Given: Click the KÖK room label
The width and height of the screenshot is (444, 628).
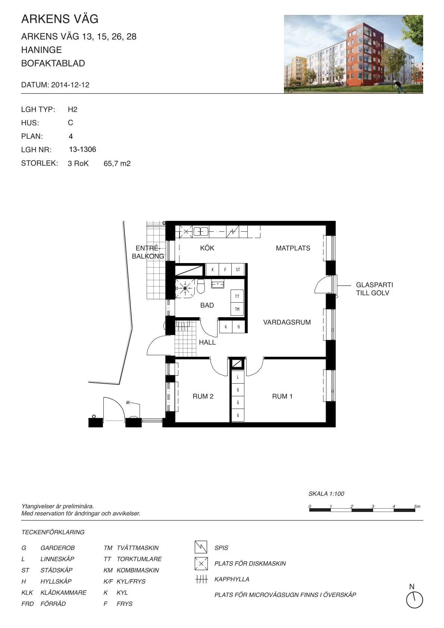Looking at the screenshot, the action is coord(207,248).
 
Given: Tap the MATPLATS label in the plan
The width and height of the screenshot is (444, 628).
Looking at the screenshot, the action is coord(293,248).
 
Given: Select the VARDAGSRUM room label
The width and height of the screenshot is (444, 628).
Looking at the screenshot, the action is coord(287,322).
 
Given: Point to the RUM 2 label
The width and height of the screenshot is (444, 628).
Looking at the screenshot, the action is coord(203,396).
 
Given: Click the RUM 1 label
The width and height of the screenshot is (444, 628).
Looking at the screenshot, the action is coord(282,396).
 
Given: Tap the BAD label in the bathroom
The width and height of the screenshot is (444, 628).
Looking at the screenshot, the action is coord(207,305).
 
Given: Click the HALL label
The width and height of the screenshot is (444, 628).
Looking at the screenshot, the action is coord(207,342).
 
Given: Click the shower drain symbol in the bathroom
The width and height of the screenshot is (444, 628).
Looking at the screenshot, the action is coord(185,288).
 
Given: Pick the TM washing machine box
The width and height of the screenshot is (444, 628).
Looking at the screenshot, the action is coord(237,309).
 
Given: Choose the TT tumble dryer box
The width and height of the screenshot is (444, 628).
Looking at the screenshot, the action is coord(237,296).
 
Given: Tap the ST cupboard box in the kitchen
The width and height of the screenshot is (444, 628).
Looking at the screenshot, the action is coord(238,270).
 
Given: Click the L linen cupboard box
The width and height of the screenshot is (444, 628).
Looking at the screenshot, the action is coord(238,377).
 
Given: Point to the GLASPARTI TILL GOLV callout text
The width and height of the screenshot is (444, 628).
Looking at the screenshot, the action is coord(375,289).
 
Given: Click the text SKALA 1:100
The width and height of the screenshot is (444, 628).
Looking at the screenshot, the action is coord(326,494).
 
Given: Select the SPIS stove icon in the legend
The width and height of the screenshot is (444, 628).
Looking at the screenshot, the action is coord(201,547).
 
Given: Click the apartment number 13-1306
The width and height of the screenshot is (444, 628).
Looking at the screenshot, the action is coord(83,149).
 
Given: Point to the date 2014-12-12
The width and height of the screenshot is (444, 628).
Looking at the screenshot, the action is coord(71,85).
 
